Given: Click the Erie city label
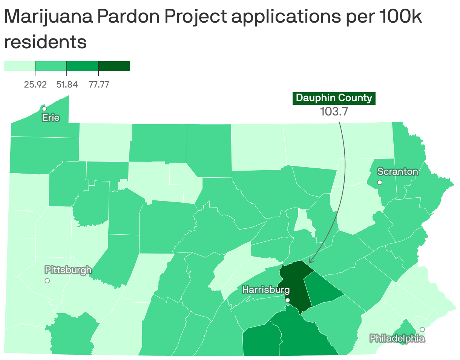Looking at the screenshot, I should (51, 117).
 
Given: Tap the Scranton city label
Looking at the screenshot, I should (397, 172).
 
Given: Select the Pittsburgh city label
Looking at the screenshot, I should (68, 270).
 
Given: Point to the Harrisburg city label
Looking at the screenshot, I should (266, 290).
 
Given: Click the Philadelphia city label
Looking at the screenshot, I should (397, 338).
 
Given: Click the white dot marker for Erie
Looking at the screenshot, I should (44, 109).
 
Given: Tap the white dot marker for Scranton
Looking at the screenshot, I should (380, 182).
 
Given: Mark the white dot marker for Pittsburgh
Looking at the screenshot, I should (47, 280).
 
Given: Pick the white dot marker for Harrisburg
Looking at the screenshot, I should (287, 300).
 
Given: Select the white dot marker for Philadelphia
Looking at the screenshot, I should (422, 329).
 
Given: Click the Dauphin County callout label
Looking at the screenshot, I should (334, 98).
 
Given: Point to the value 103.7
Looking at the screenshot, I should (334, 112).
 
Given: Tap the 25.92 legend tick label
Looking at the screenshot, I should (35, 85).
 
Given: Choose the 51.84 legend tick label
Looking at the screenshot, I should (67, 85).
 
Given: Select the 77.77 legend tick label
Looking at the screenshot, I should (98, 85).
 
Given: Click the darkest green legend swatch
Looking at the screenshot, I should (114, 66).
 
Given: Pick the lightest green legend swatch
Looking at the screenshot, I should (19, 66).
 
